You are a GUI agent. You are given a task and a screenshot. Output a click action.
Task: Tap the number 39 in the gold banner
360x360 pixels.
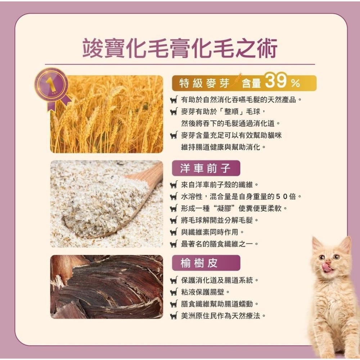pyautogui.click(x=276, y=82)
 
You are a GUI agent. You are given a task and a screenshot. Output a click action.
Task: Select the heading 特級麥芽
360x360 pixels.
pyautogui.click(x=204, y=84)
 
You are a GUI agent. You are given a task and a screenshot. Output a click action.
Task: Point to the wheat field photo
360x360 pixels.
pyautogui.click(x=108, y=115)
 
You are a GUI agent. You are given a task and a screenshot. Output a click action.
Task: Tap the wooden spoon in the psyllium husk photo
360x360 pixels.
pyautogui.click(x=144, y=184)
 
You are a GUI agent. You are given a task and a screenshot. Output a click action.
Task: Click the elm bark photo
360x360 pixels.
pyautogui.click(x=107, y=287)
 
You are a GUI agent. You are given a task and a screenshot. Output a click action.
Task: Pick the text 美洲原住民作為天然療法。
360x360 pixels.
pyautogui.click(x=224, y=316)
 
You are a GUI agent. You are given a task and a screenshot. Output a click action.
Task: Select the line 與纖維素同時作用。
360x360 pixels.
pyautogui.click(x=212, y=232)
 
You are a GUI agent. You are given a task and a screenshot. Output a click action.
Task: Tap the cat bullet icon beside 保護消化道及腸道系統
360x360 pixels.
pyautogui.click(x=174, y=280)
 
